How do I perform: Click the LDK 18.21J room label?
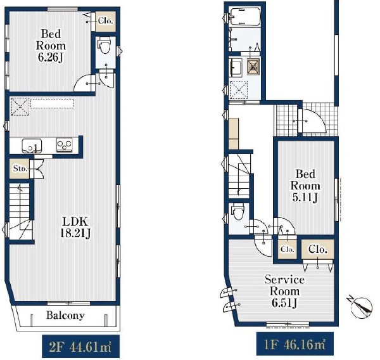(x=75, y=227)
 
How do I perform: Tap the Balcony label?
(x=65, y=316)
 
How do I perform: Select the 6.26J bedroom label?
(x=51, y=46)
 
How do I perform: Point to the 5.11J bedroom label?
(x=305, y=186)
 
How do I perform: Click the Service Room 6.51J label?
(x=284, y=291)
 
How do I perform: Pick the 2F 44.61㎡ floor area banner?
(x=81, y=347)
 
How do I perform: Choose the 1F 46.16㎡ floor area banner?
(x=295, y=344)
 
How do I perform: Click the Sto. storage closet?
(x=20, y=169)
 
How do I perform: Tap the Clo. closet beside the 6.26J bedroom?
(x=105, y=22)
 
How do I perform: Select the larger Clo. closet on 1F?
(x=318, y=249)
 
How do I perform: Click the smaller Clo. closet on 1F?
(x=288, y=249)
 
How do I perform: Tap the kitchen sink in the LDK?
(x=32, y=146)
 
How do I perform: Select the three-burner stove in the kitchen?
(x=65, y=145)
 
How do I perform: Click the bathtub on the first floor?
(x=244, y=16)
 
